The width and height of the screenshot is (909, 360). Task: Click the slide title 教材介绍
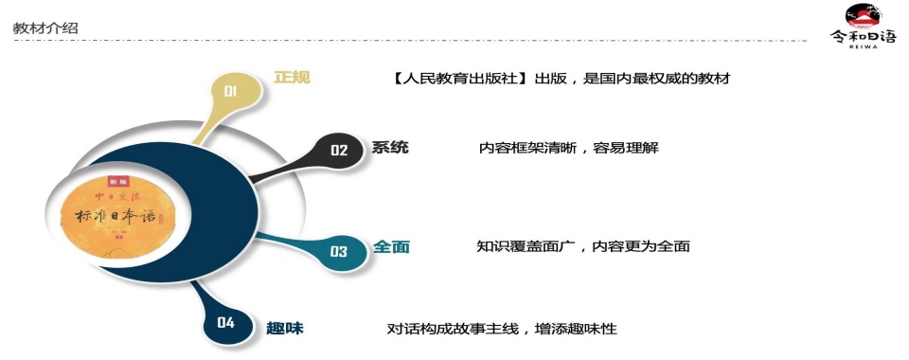click(x=45, y=28)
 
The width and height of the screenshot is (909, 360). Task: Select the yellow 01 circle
click(x=230, y=91)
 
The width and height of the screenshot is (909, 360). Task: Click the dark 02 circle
click(x=339, y=150)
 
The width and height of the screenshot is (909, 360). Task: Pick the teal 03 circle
click(x=338, y=251)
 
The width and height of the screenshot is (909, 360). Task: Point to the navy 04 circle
click(x=225, y=323)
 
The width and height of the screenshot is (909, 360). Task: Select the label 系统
click(x=390, y=148)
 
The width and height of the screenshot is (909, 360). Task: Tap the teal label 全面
click(x=391, y=247)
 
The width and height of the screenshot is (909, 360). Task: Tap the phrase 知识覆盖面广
click(x=530, y=247)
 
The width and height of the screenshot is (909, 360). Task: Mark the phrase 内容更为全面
click(x=642, y=247)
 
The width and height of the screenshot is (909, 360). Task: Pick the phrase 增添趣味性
click(x=579, y=329)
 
